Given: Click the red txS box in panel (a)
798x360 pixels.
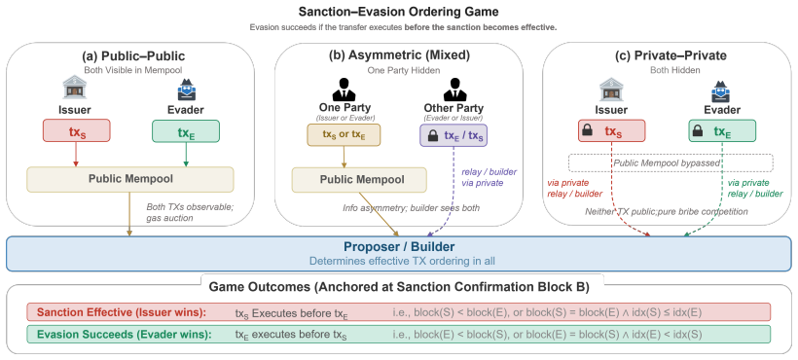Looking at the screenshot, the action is [77, 131].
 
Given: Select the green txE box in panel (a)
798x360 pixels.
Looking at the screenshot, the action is [186, 131].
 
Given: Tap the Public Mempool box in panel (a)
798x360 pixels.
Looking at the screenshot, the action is [130, 179].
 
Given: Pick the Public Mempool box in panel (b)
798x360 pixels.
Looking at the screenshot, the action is [359, 180].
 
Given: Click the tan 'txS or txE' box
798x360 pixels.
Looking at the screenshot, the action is [344, 134].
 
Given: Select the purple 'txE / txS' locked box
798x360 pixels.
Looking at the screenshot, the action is [453, 135].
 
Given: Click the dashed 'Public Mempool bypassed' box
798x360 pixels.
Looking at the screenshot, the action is [671, 162].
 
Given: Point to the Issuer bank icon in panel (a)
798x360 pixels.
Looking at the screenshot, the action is [74, 89].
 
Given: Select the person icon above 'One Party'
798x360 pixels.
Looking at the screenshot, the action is [345, 89].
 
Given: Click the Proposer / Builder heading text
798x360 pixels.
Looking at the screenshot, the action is [399, 247].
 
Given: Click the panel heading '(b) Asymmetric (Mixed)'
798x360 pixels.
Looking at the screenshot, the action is [399, 54].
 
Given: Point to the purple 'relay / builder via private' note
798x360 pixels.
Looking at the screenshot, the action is [482, 178].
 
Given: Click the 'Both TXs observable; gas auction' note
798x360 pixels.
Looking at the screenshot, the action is [190, 212].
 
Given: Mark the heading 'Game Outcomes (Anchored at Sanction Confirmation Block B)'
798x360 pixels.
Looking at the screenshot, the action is [399, 287].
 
